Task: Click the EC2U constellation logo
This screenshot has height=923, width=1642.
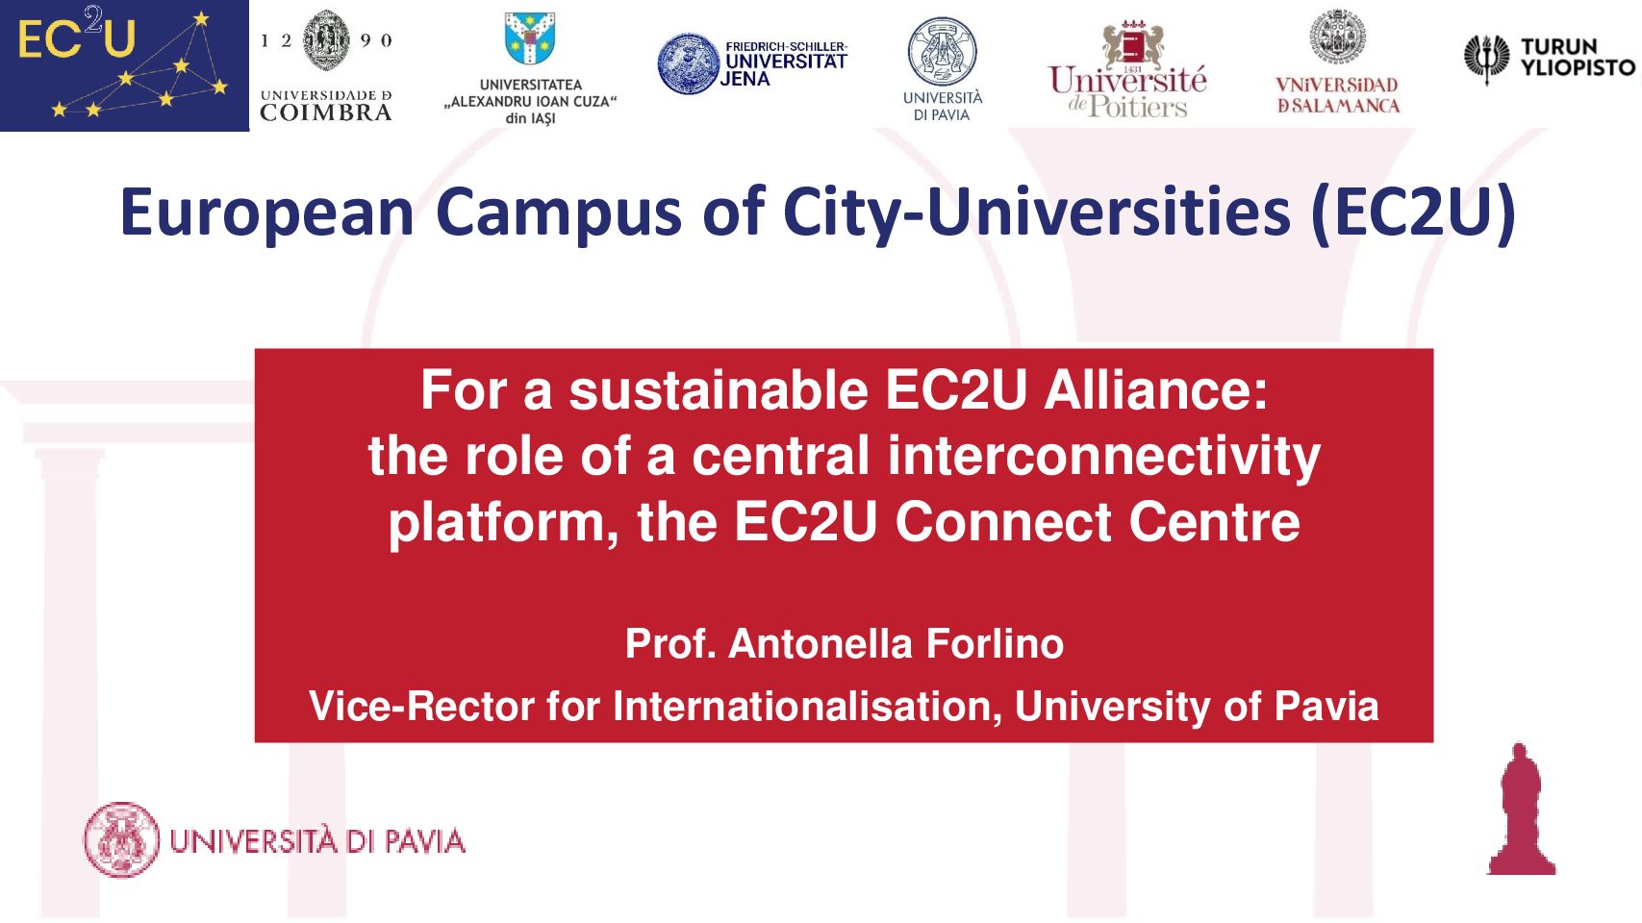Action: click(x=125, y=66)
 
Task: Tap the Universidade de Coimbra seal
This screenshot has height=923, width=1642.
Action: click(x=326, y=40)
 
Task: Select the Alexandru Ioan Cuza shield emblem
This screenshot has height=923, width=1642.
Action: click(x=530, y=38)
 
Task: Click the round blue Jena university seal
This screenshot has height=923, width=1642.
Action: click(x=688, y=63)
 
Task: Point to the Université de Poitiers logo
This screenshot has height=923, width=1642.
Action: click(x=1127, y=69)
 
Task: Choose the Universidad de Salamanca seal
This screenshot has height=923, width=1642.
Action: click(x=1338, y=37)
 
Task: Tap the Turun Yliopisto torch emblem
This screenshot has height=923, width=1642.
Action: click(x=1486, y=59)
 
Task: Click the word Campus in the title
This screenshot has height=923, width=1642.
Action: click(x=559, y=213)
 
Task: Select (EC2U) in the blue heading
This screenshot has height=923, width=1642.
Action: click(x=1413, y=212)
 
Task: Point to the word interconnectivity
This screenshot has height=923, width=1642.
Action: click(x=1103, y=457)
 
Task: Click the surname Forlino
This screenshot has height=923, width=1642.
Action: click(x=995, y=644)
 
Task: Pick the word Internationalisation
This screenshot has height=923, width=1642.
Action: click(x=807, y=706)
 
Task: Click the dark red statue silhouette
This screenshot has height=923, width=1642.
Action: click(x=1521, y=809)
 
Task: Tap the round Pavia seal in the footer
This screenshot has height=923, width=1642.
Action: click(x=121, y=839)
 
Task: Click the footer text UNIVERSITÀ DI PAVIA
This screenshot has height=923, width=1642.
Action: click(x=317, y=841)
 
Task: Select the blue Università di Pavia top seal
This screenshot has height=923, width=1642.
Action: click(x=942, y=52)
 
